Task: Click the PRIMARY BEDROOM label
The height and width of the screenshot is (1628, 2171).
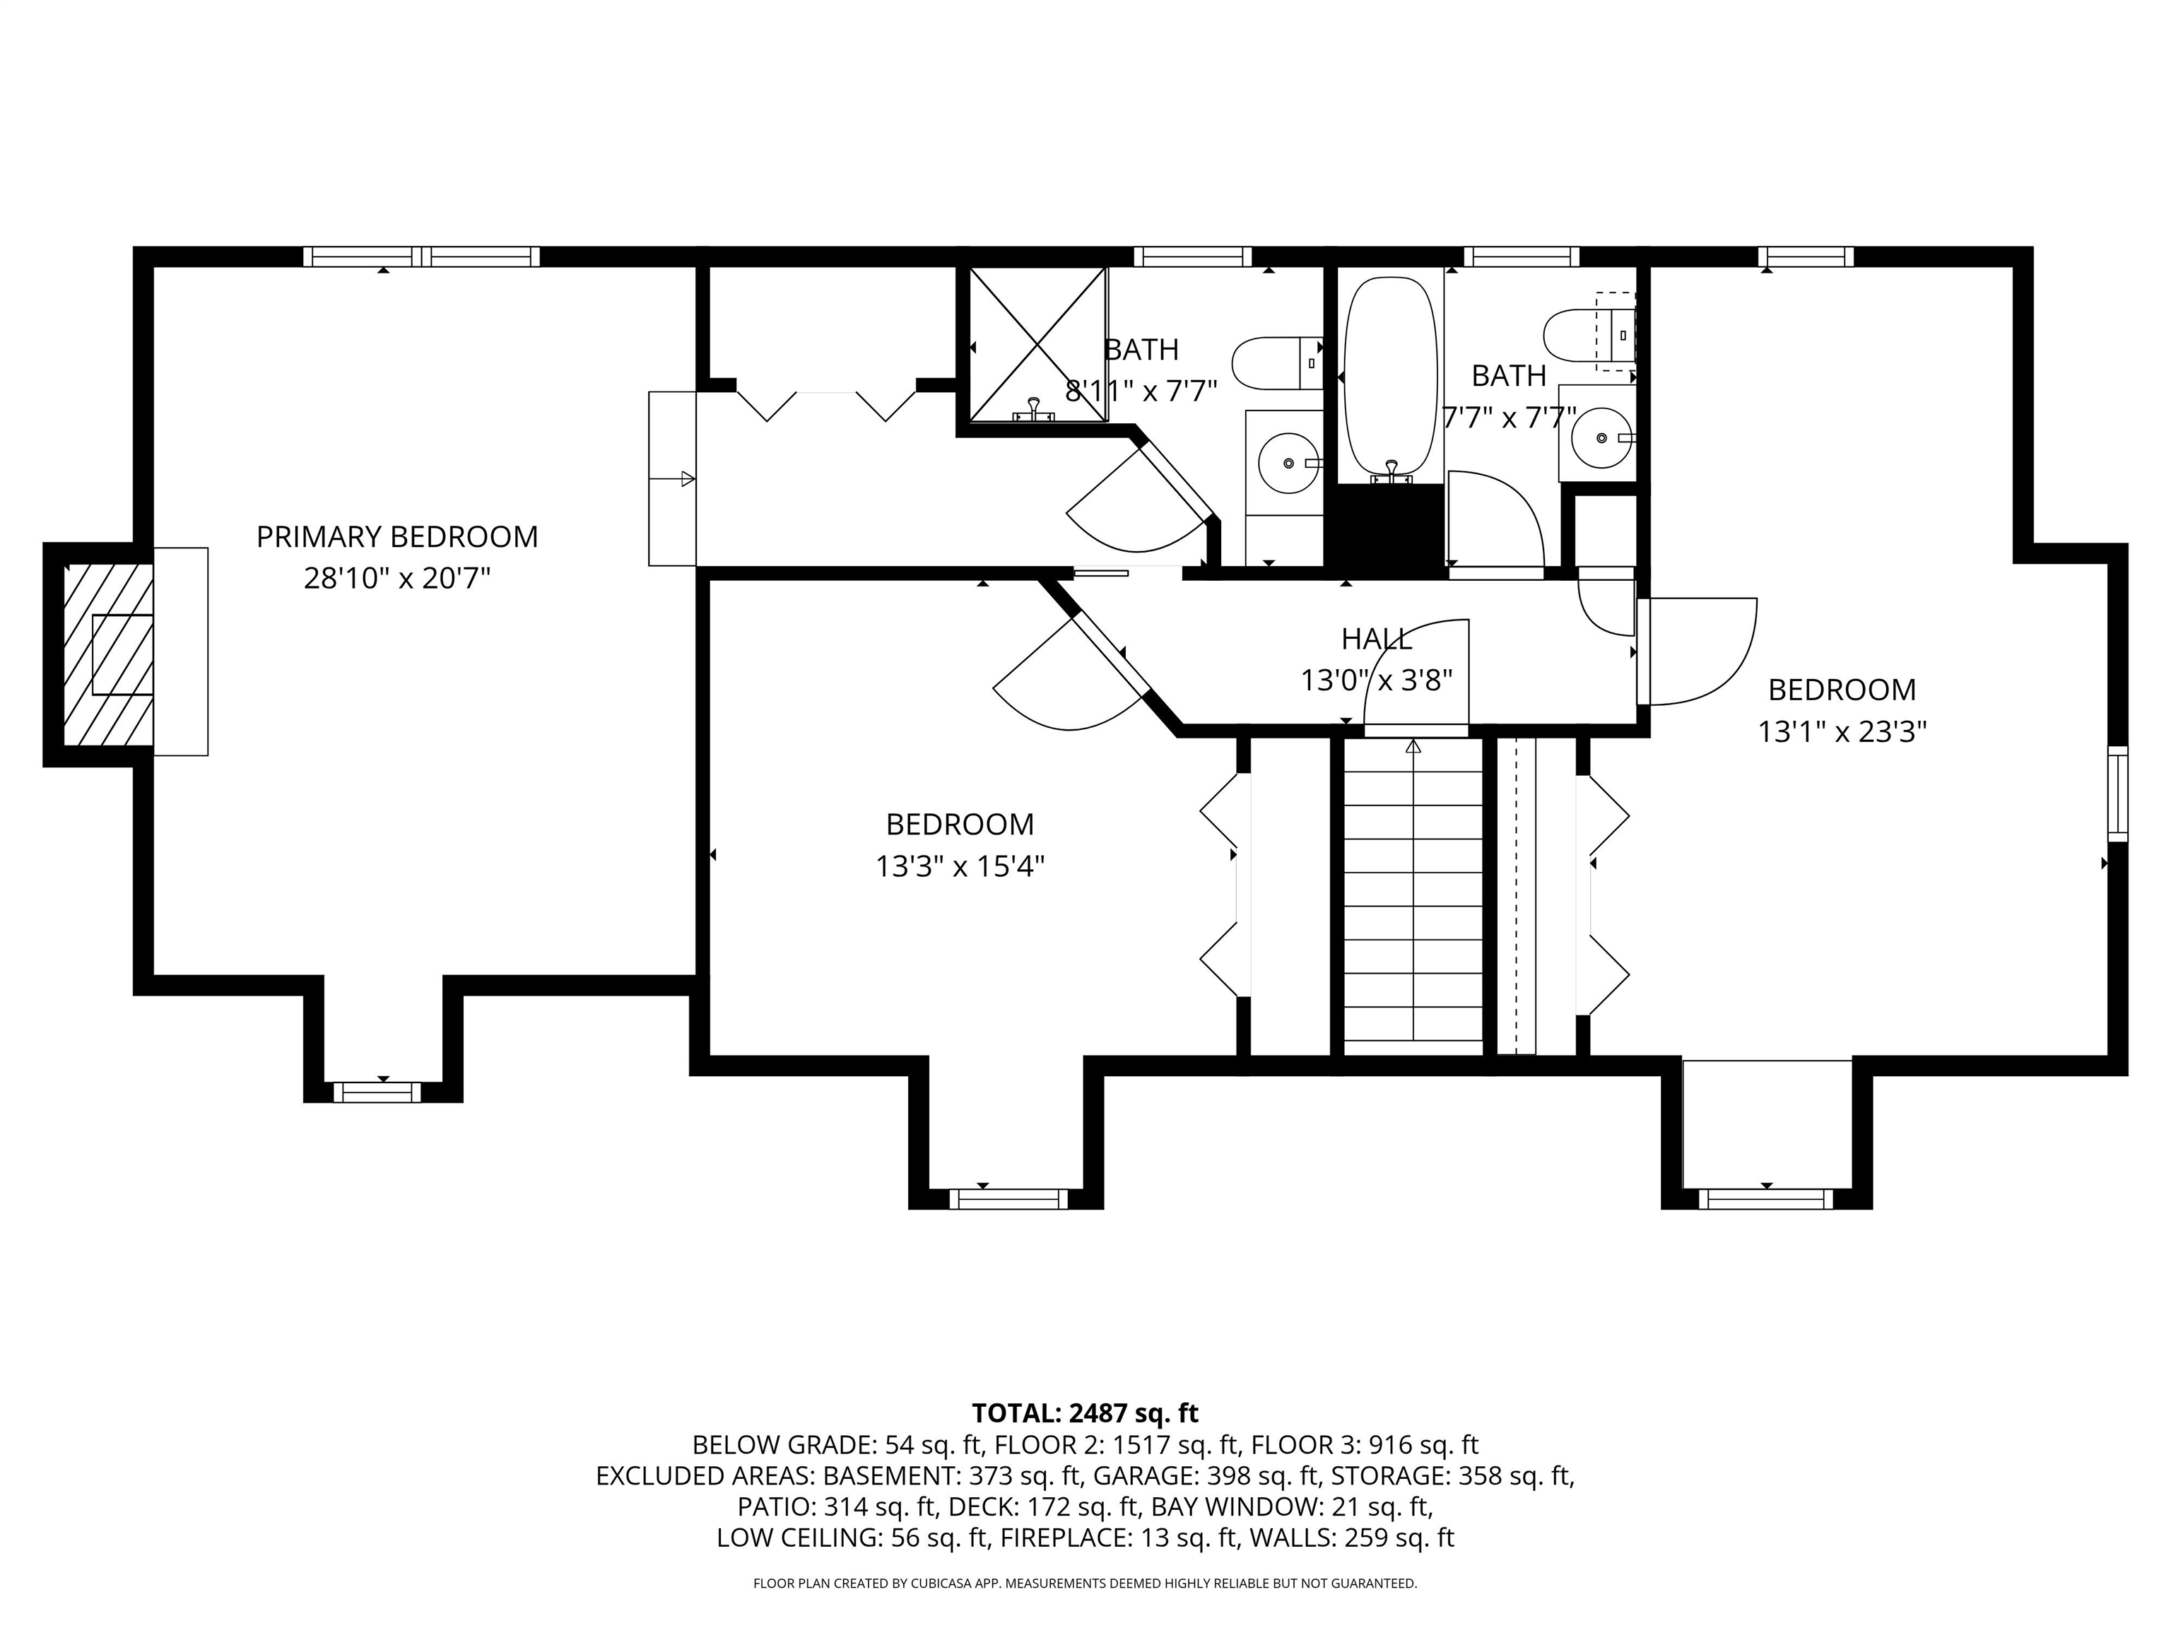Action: [396, 537]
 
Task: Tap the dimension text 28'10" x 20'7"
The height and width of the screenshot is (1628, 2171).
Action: [396, 579]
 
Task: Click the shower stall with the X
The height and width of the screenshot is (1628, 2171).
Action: [1037, 343]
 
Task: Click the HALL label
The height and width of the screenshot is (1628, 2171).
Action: [1376, 639]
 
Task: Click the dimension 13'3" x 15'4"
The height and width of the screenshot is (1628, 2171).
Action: [959, 866]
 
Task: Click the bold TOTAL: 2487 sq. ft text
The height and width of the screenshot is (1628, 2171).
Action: [1085, 1414]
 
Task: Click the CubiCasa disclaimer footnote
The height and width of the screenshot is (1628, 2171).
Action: [1085, 1584]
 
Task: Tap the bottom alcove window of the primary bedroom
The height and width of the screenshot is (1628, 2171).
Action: [377, 1092]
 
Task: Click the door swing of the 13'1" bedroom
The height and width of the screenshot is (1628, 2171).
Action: [1703, 653]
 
